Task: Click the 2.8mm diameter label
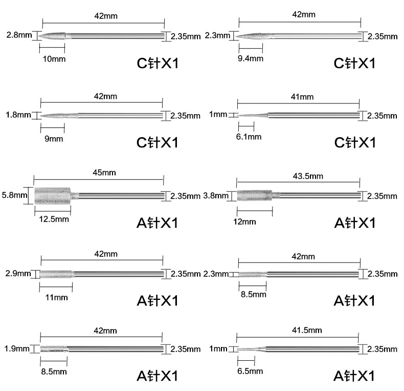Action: pyautogui.click(x=16, y=36)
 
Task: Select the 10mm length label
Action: pyautogui.click(x=52, y=58)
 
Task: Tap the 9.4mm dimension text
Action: pyautogui.click(x=251, y=58)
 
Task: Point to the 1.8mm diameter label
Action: pyautogui.click(x=16, y=115)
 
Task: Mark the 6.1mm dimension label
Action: pyautogui.click(x=249, y=137)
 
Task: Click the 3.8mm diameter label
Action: pyautogui.click(x=214, y=196)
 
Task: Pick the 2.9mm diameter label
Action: pyautogui.click(x=16, y=273)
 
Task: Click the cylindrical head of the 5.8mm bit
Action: pyautogui.click(x=52, y=196)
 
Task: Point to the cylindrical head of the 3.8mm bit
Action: pyautogui.click(x=254, y=196)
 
